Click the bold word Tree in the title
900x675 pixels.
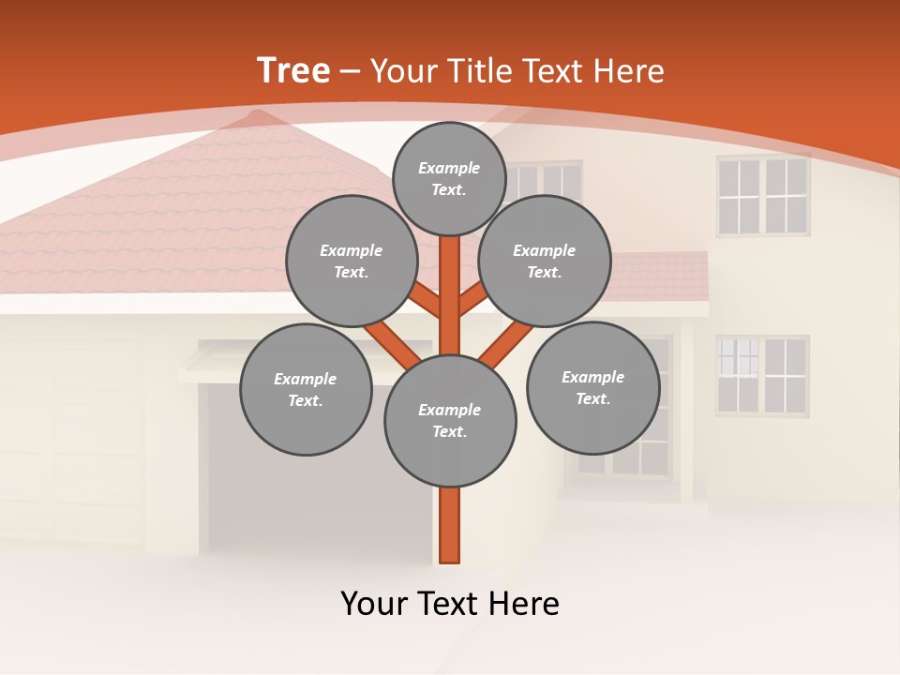(293, 71)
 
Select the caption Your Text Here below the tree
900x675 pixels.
(450, 604)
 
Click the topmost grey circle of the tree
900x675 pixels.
(450, 178)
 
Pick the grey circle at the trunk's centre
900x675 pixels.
(450, 421)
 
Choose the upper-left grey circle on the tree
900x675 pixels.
(352, 261)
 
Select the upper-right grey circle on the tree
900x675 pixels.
(545, 261)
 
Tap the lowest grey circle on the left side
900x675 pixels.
(306, 389)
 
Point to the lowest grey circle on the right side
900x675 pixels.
(593, 387)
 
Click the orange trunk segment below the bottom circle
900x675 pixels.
(450, 525)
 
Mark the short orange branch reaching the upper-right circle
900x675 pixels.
(472, 302)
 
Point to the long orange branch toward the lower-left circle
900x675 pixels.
(391, 343)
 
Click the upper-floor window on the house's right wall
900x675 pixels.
(763, 196)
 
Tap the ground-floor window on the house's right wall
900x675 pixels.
(763, 375)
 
